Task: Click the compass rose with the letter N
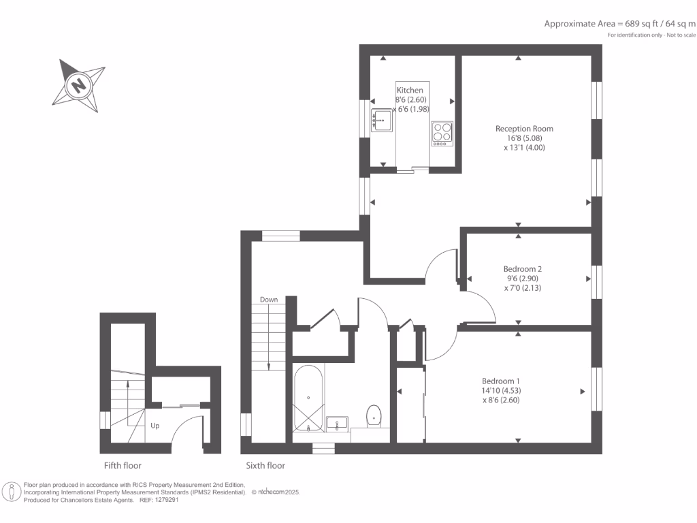pyautogui.click(x=79, y=86)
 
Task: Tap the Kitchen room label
pyautogui.click(x=410, y=90)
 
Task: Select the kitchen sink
pyautogui.click(x=382, y=121)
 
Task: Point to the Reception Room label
pyautogui.click(x=524, y=129)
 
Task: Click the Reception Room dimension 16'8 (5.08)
pyautogui.click(x=524, y=138)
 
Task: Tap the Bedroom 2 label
pyautogui.click(x=523, y=269)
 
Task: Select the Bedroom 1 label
pyautogui.click(x=501, y=381)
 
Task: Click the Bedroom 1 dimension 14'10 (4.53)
pyautogui.click(x=501, y=390)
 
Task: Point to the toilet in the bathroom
pyautogui.click(x=374, y=415)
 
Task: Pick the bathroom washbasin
pyautogui.click(x=338, y=424)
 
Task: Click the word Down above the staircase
pyautogui.click(x=268, y=300)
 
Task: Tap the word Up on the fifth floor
pyautogui.click(x=155, y=426)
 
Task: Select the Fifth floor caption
pyautogui.click(x=123, y=466)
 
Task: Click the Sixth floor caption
pyautogui.click(x=265, y=466)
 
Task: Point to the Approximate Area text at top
pyautogui.click(x=619, y=23)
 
